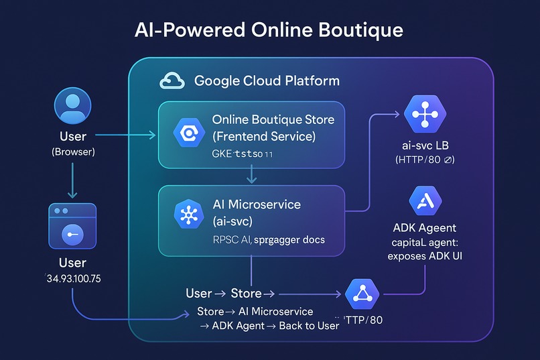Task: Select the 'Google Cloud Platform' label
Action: (x=267, y=81)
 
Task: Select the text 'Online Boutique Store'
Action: (x=273, y=120)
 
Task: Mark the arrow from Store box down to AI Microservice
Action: (x=251, y=176)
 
